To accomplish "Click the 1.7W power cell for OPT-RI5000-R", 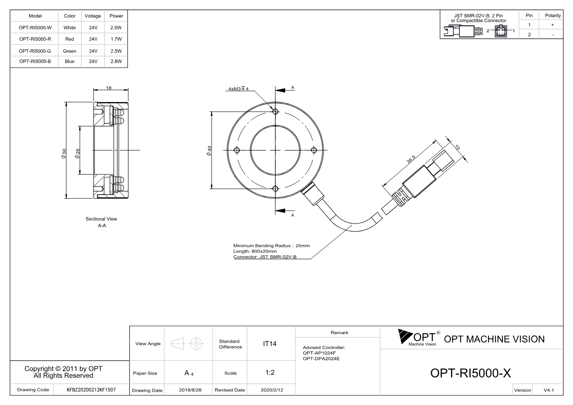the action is click(116, 39).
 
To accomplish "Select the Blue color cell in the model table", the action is click(70, 61).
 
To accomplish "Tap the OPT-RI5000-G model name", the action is click(35, 51).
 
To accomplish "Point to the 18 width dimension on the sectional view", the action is click(109, 88).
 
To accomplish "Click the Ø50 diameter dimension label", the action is click(64, 153).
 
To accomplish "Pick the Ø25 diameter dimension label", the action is click(77, 153).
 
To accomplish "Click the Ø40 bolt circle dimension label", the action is click(209, 151).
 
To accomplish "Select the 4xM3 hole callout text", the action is click(238, 89).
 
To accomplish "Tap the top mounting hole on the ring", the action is click(275, 112).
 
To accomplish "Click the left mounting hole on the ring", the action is click(237, 150).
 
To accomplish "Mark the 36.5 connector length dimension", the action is click(411, 159).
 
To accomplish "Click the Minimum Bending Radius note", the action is click(271, 246).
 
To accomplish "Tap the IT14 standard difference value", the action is click(269, 344).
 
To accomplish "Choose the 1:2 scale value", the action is click(270, 373).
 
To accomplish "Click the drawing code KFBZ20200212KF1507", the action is click(91, 390).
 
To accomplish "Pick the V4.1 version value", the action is click(549, 390).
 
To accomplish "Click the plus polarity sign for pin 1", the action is click(553, 25).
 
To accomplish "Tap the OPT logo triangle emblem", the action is click(405, 336).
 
